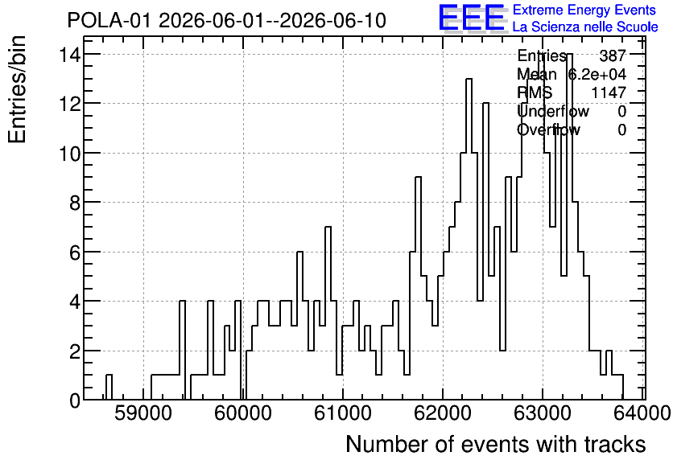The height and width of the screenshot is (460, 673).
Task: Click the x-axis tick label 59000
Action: (143, 413)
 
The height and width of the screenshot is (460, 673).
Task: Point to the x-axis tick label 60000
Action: (243, 413)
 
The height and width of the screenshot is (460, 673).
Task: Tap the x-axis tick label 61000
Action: (343, 413)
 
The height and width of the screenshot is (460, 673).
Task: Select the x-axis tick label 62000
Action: (443, 413)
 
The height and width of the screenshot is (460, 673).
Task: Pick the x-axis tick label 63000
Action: (543, 413)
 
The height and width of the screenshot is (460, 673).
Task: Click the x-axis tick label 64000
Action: (642, 413)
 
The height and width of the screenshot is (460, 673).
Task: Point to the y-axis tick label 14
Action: (69, 54)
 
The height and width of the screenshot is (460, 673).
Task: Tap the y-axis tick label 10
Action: (69, 153)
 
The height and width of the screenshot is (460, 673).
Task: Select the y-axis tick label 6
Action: (75, 252)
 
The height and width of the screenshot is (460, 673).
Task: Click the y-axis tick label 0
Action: (75, 400)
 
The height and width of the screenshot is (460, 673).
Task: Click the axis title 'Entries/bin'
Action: (17, 89)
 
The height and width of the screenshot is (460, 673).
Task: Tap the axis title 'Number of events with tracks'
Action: (496, 444)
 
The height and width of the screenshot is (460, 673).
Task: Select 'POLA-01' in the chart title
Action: (109, 21)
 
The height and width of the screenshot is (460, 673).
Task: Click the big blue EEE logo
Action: (471, 18)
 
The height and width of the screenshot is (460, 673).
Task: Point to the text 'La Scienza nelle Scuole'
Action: (585, 27)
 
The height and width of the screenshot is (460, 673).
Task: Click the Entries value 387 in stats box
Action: (613, 55)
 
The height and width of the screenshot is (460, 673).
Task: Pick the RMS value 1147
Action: (609, 92)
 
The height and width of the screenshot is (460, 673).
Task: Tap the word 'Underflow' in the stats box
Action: (553, 112)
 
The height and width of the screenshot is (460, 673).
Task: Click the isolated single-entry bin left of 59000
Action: (109, 387)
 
